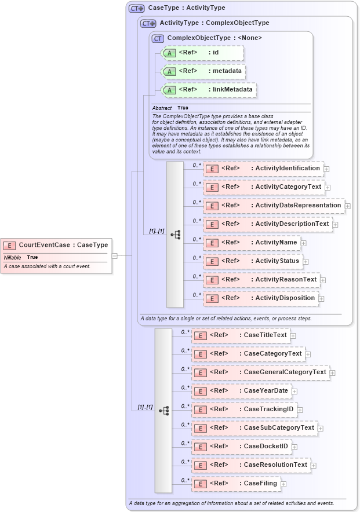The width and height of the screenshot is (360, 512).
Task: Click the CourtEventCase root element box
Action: (55, 245)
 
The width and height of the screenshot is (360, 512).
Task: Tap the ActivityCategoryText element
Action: (263, 187)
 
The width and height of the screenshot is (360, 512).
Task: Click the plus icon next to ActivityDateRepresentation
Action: (348, 206)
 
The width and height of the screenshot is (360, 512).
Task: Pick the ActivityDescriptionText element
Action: (267, 224)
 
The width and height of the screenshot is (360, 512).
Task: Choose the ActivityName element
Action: (251, 243)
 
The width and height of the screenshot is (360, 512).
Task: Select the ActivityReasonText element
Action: (261, 280)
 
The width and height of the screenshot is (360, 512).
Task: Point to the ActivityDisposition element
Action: (260, 298)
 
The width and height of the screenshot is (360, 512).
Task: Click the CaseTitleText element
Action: (240, 335)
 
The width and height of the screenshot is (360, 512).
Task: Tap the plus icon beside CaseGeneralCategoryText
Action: (333, 372)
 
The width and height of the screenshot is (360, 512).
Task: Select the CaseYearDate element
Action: (241, 391)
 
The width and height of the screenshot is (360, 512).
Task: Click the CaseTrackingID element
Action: (244, 409)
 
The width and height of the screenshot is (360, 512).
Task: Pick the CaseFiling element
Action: (235, 484)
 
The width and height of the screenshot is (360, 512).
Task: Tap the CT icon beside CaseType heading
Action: (136, 8)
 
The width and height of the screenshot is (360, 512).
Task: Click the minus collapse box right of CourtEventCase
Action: (114, 255)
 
